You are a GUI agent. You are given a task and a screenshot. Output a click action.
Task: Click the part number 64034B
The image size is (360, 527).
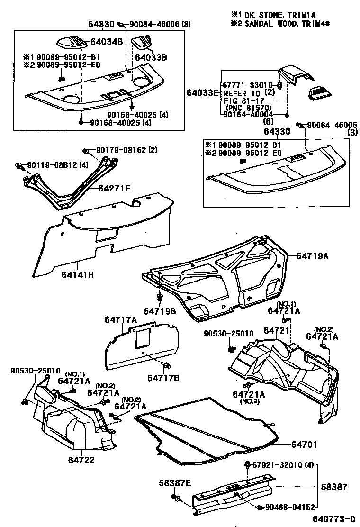(107, 41)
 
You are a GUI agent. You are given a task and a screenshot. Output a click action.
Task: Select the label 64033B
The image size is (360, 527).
(151, 57)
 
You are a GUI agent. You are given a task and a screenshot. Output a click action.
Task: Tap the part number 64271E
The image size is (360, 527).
(114, 188)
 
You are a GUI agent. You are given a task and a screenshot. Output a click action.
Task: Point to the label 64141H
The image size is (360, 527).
(77, 274)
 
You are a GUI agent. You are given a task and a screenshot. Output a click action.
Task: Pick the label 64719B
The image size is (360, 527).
(160, 311)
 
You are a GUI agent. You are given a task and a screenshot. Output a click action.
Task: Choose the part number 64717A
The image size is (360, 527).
(120, 320)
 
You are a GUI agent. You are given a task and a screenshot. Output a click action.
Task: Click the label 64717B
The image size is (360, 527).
(163, 378)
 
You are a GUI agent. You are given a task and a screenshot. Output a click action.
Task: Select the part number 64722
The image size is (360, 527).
(81, 460)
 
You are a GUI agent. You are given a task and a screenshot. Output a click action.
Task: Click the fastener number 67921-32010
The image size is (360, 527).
(277, 465)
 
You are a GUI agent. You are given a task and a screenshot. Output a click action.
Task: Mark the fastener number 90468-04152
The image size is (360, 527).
(290, 507)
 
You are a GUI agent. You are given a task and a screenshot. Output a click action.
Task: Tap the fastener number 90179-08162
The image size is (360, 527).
(121, 150)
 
